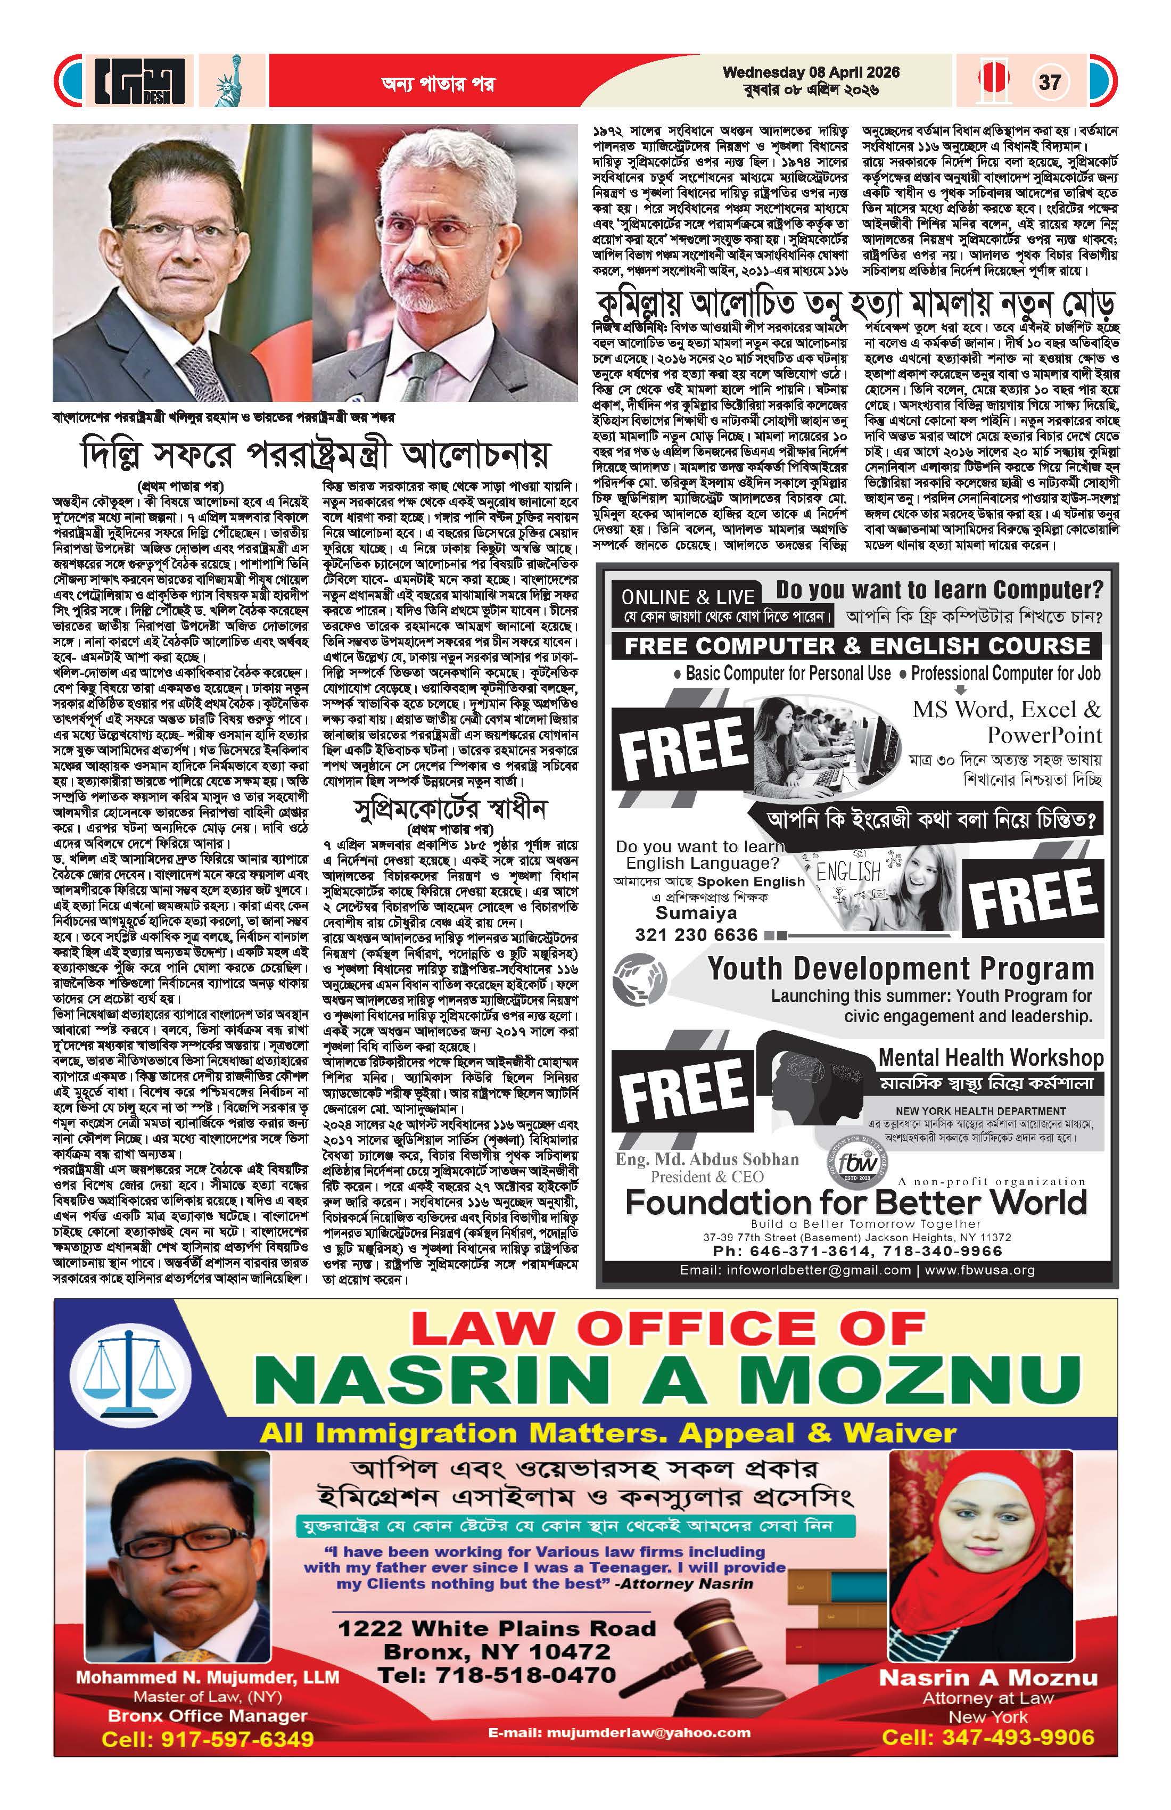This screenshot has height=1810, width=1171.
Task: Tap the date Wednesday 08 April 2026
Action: click(811, 73)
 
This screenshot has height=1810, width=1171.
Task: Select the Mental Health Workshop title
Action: click(990, 1058)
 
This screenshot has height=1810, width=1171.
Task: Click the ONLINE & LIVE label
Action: click(687, 597)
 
